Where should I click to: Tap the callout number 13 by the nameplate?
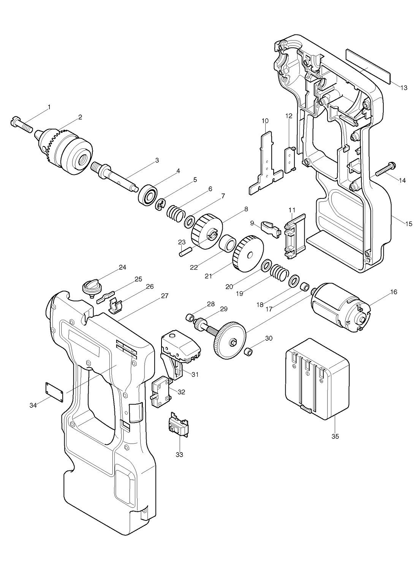tap(404, 88)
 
